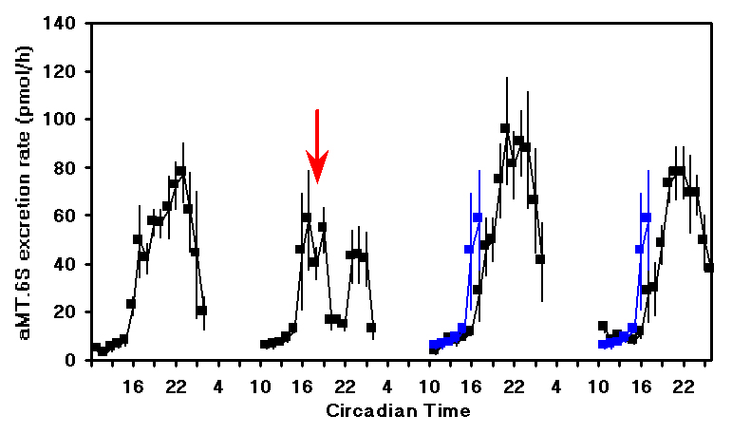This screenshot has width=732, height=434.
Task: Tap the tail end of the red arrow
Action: tap(317, 112)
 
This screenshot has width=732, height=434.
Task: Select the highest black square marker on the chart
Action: tap(505, 128)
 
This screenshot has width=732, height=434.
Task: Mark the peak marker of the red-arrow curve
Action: tap(307, 217)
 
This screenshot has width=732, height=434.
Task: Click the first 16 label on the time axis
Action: tap(134, 387)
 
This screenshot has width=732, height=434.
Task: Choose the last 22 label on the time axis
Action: tap(681, 387)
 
